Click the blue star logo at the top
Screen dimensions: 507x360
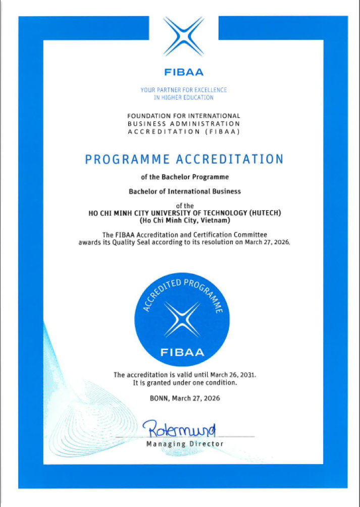(184, 37)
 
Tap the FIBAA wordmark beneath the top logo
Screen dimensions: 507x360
(184, 73)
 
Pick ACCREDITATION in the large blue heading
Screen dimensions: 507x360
(229, 159)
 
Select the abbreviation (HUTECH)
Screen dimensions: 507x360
(262, 213)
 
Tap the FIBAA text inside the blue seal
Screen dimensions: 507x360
(183, 352)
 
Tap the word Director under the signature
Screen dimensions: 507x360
(207, 444)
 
